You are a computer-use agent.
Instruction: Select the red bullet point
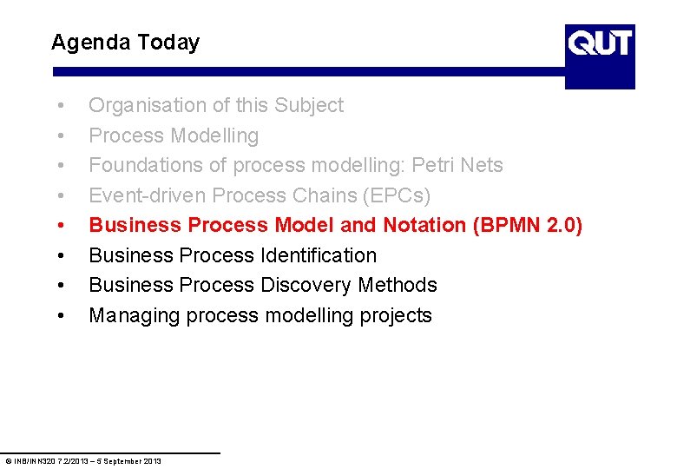[59, 226]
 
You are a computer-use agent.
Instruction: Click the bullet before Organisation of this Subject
[59, 106]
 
